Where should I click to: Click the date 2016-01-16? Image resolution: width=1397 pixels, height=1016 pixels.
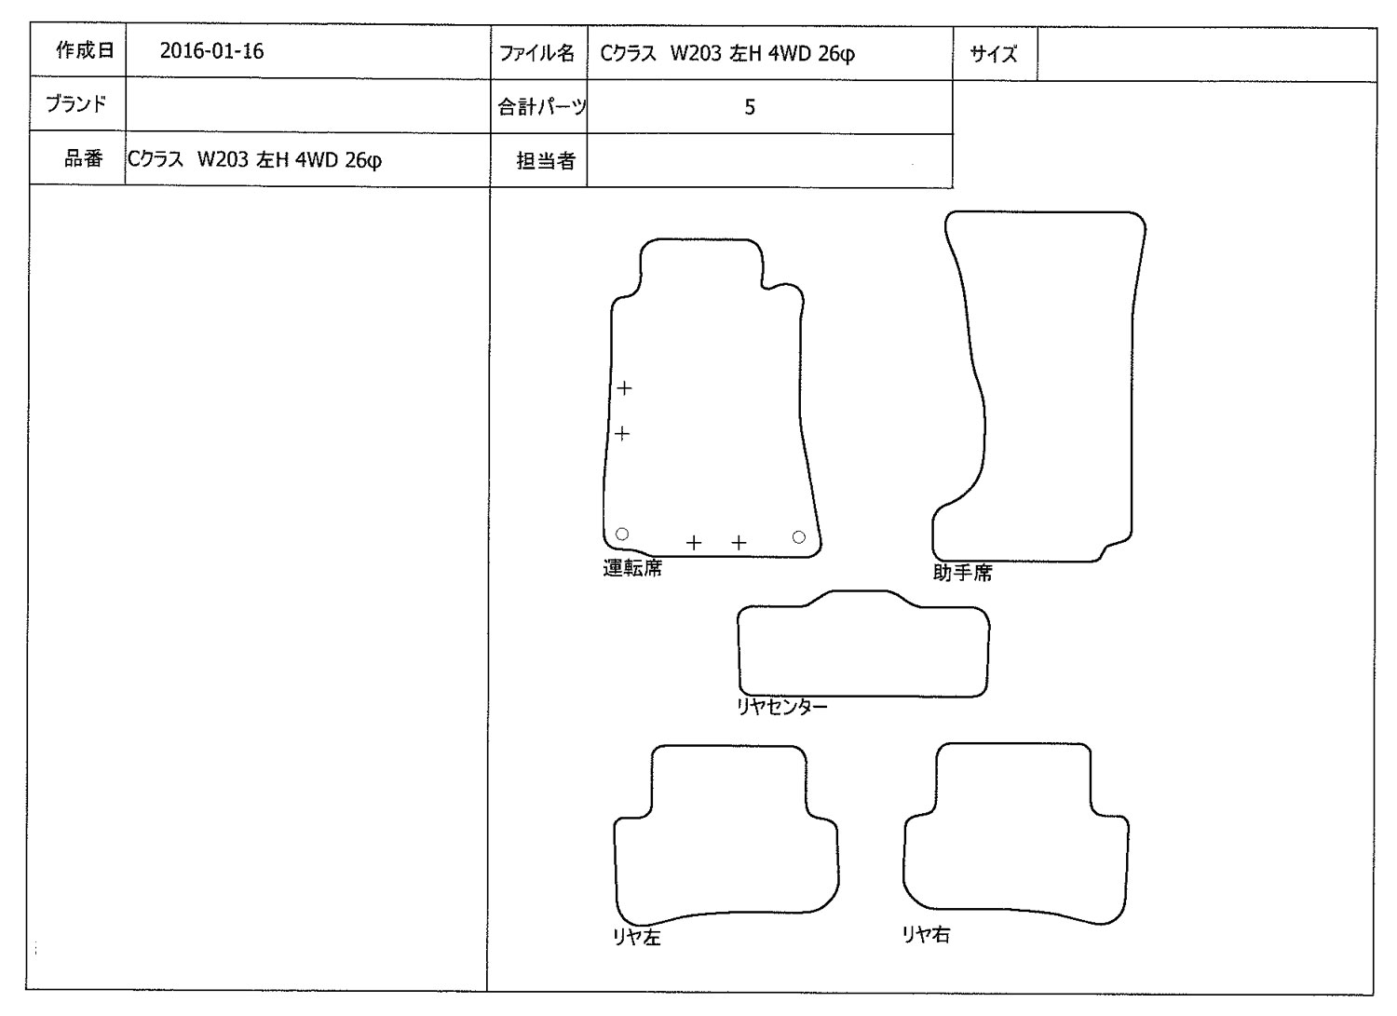[211, 50]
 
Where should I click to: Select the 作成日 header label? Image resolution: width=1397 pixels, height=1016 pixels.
[85, 49]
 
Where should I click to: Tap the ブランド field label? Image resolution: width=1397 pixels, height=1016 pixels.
[76, 103]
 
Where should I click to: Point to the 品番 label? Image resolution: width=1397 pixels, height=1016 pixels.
[83, 158]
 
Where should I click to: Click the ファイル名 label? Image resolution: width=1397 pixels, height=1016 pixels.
[536, 53]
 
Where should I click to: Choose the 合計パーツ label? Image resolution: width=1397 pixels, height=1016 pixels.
[541, 107]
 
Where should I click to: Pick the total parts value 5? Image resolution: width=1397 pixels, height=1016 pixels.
[750, 107]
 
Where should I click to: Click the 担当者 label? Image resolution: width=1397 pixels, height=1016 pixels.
[545, 161]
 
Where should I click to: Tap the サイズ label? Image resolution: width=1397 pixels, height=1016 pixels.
[993, 54]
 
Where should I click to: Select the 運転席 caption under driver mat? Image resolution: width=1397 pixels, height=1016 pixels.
[632, 568]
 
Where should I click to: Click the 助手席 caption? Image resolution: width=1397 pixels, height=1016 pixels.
[962, 573]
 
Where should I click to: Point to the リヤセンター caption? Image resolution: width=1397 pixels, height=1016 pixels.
[782, 707]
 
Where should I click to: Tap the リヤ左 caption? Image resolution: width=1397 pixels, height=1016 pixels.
[637, 937]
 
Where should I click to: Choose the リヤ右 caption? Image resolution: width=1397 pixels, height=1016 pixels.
[926, 934]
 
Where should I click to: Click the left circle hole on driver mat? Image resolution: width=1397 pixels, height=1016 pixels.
[622, 534]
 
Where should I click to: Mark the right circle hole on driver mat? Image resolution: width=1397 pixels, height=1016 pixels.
[799, 537]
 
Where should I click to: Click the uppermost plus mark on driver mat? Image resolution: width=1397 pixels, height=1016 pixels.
[624, 388]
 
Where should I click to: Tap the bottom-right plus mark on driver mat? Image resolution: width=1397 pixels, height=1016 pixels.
[739, 543]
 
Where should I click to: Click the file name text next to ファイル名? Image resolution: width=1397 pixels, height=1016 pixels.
[727, 54]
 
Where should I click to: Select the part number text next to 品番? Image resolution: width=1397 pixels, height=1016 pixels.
[254, 160]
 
